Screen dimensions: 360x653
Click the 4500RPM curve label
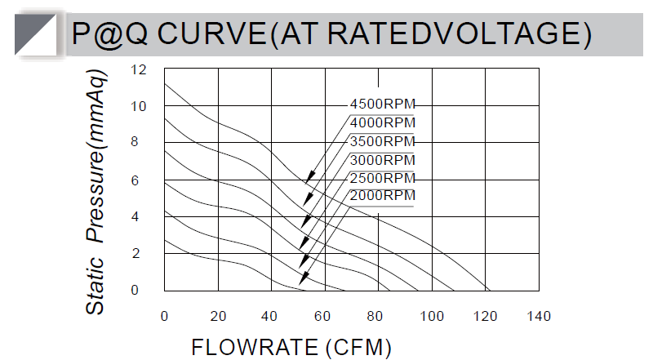382,104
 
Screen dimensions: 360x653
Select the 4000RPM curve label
382,123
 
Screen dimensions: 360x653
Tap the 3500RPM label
382,141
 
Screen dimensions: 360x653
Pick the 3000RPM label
382,159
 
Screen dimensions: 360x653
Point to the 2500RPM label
382,178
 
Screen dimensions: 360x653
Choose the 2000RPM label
382,196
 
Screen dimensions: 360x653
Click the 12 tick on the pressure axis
139,70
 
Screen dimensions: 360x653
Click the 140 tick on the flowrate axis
539,317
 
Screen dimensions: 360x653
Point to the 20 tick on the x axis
218,317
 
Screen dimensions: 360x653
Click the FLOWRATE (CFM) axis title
291,347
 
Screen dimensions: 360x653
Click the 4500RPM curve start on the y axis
165,83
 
